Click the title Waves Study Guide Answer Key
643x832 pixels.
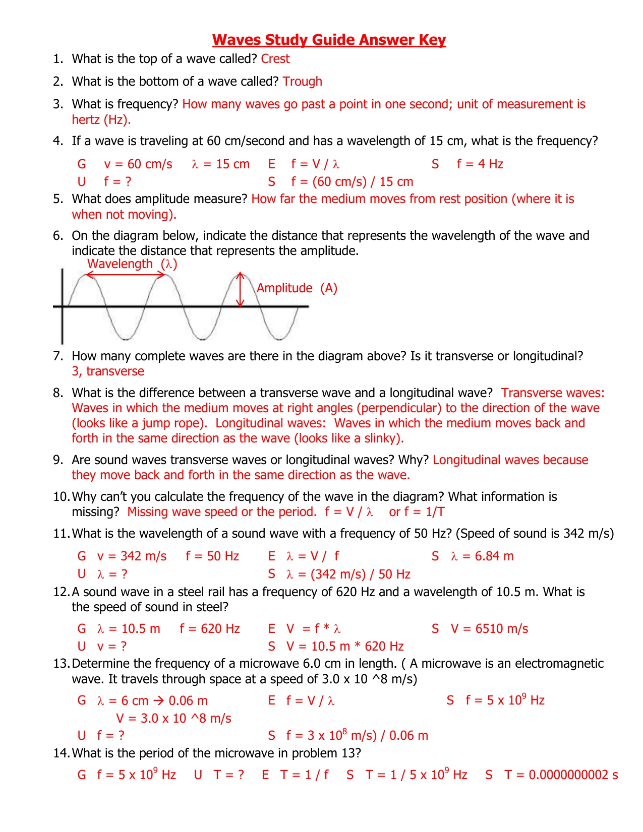click(329, 40)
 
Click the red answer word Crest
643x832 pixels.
click(275, 59)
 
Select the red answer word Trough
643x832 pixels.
click(302, 82)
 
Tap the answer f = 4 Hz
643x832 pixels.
click(480, 164)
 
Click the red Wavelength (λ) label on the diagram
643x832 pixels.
click(132, 264)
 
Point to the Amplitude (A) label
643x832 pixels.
click(297, 288)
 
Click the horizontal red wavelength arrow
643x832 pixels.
click(125, 275)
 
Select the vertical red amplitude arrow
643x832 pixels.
click(241, 290)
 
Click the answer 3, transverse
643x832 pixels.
click(108, 371)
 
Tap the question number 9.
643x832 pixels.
click(58, 460)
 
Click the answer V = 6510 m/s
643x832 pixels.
click(489, 629)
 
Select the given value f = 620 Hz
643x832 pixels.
click(210, 629)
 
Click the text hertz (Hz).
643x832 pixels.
click(101, 120)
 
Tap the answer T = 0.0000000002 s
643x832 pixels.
click(561, 775)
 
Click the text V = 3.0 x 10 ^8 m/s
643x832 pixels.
click(173, 719)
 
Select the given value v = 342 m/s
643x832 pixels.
click(132, 556)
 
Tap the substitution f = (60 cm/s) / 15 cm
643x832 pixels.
click(352, 182)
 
